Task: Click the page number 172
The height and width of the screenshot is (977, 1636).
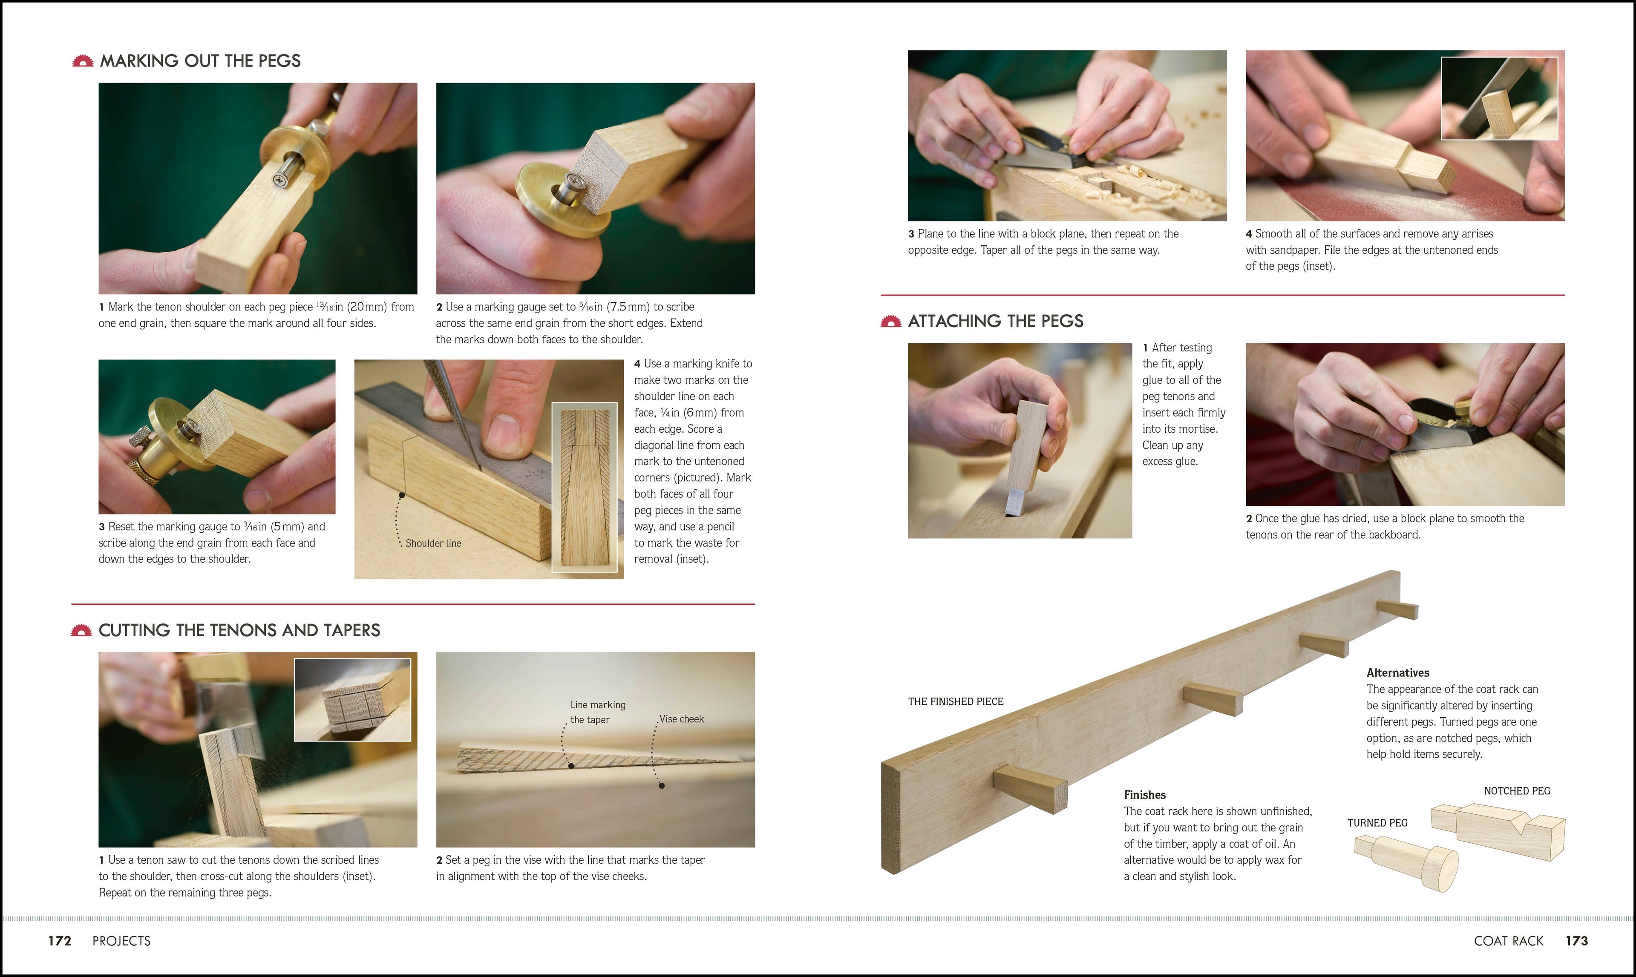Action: pyautogui.click(x=59, y=941)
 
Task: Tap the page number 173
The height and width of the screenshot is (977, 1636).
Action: pyautogui.click(x=1576, y=941)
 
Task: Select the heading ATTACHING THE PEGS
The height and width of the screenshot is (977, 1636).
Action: pyautogui.click(x=995, y=321)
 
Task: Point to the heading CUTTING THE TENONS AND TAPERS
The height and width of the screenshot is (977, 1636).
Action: pyautogui.click(x=239, y=630)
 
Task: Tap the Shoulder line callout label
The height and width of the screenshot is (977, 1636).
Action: pyautogui.click(x=433, y=543)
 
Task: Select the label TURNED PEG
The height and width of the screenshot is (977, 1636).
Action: pyautogui.click(x=1377, y=823)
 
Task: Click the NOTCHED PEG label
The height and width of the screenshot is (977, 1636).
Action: pyautogui.click(x=1517, y=791)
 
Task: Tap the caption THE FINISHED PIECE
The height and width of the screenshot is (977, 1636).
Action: pyautogui.click(x=956, y=701)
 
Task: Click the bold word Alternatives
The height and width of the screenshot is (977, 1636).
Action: pyautogui.click(x=1397, y=672)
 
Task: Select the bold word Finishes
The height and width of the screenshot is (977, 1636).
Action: pyautogui.click(x=1145, y=795)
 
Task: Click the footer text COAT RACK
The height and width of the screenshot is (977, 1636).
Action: pyautogui.click(x=1508, y=941)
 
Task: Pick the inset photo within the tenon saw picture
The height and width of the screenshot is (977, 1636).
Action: pyautogui.click(x=352, y=699)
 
